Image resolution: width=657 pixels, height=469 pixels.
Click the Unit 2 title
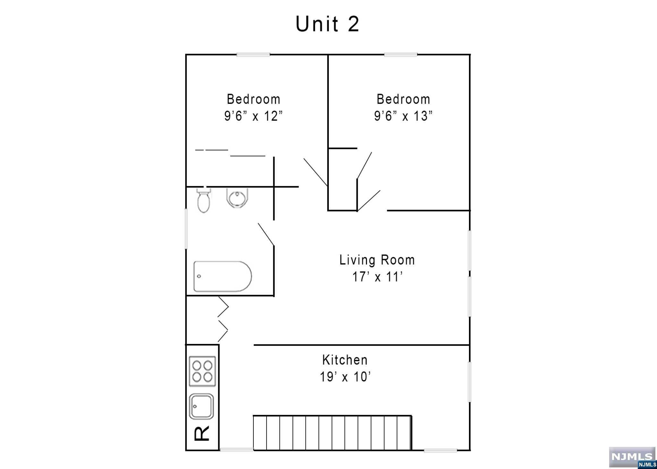click(x=327, y=24)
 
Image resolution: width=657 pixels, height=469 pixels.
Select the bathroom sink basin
click(x=237, y=197)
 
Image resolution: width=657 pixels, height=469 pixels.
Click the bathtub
click(x=222, y=276)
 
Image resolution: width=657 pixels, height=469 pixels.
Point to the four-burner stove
click(x=202, y=371)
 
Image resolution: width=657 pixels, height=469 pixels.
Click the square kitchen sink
click(x=201, y=406)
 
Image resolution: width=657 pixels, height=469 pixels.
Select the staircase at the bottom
click(x=332, y=433)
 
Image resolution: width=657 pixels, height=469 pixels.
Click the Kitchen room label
click(x=345, y=360)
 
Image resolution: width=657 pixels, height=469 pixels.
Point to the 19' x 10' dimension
click(x=345, y=377)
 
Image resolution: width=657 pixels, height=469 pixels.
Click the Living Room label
click(x=377, y=260)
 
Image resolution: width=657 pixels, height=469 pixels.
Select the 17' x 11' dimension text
click(x=377, y=277)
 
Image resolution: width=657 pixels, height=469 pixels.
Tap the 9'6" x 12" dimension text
click(x=253, y=116)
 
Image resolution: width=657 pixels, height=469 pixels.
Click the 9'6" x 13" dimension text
click(x=403, y=116)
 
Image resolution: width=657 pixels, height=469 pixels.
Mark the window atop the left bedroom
click(x=253, y=55)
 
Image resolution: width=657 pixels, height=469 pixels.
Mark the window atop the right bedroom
click(x=401, y=55)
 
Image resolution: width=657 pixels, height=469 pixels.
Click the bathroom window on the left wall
click(x=186, y=229)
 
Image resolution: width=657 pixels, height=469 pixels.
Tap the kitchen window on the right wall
click(x=470, y=381)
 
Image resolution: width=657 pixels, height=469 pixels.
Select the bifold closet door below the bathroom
click(x=223, y=319)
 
